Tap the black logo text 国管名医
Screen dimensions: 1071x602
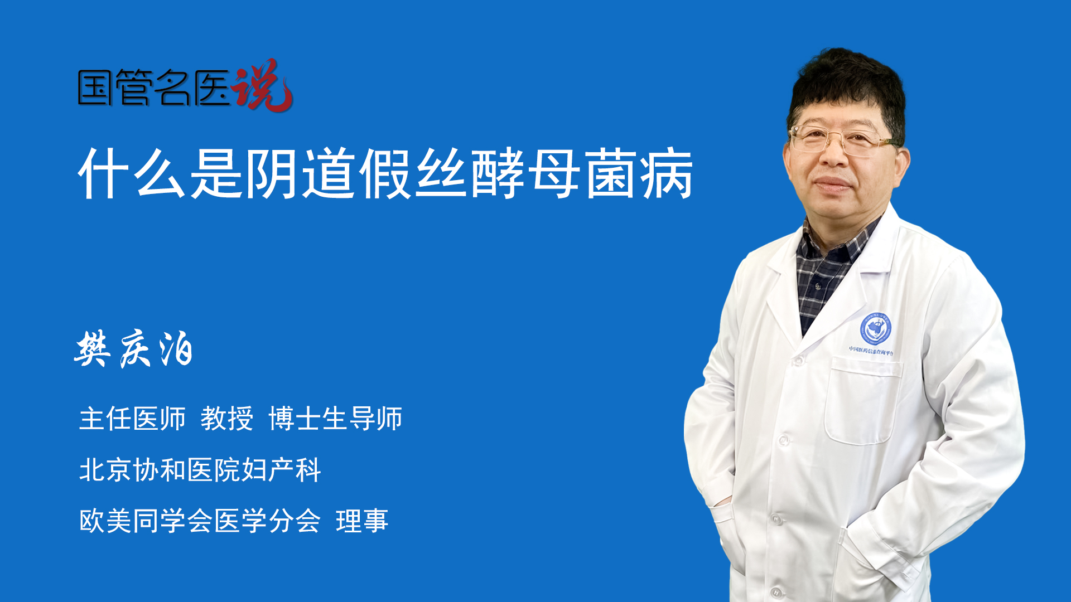[154, 88]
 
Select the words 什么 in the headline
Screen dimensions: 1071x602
[132, 173]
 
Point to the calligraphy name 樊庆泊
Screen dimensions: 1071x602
[134, 348]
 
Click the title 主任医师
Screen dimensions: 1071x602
[132, 419]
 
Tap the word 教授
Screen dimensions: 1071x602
[227, 419]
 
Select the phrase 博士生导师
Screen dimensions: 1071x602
[335, 419]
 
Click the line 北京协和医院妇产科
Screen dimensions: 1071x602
[200, 470]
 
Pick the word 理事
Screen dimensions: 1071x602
[362, 521]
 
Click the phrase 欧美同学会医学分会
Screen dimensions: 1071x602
[200, 521]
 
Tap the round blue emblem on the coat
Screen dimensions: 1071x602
[875, 329]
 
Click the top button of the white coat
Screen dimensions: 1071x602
[797, 361]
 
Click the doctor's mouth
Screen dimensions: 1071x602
[833, 184]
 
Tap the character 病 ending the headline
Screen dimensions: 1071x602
[667, 173]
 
